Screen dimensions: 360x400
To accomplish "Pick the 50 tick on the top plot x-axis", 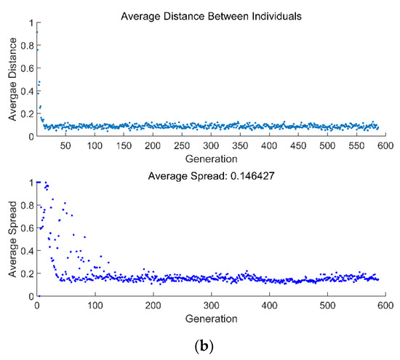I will (x=65, y=145).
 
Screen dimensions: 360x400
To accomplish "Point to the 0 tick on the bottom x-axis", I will (x=36, y=306).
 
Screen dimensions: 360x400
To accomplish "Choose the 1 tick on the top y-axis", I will (x=30, y=23).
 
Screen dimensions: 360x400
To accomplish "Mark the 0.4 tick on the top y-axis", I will (x=26, y=90).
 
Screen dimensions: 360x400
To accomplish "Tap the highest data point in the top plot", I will (x=37, y=31).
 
